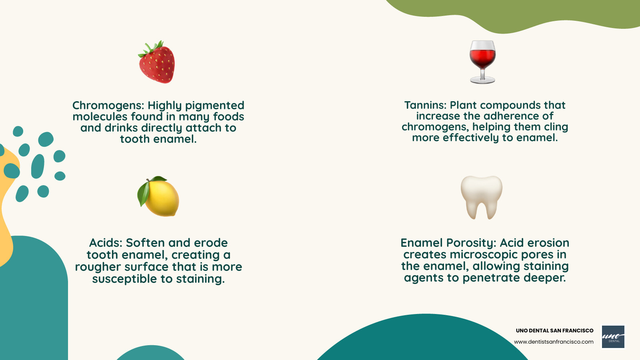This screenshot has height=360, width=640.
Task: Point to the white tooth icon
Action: pyautogui.click(x=482, y=196)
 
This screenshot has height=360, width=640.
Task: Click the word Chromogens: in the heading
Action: pyautogui.click(x=108, y=106)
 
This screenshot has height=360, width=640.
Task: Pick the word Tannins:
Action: pyautogui.click(x=425, y=105)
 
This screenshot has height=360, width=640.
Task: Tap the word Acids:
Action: pyautogui.click(x=106, y=243)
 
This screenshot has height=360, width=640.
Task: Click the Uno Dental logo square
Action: pyautogui.click(x=613, y=336)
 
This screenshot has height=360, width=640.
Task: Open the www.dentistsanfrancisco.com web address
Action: pyautogui.click(x=554, y=342)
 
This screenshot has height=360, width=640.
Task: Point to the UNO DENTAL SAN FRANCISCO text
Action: pyautogui.click(x=554, y=331)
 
